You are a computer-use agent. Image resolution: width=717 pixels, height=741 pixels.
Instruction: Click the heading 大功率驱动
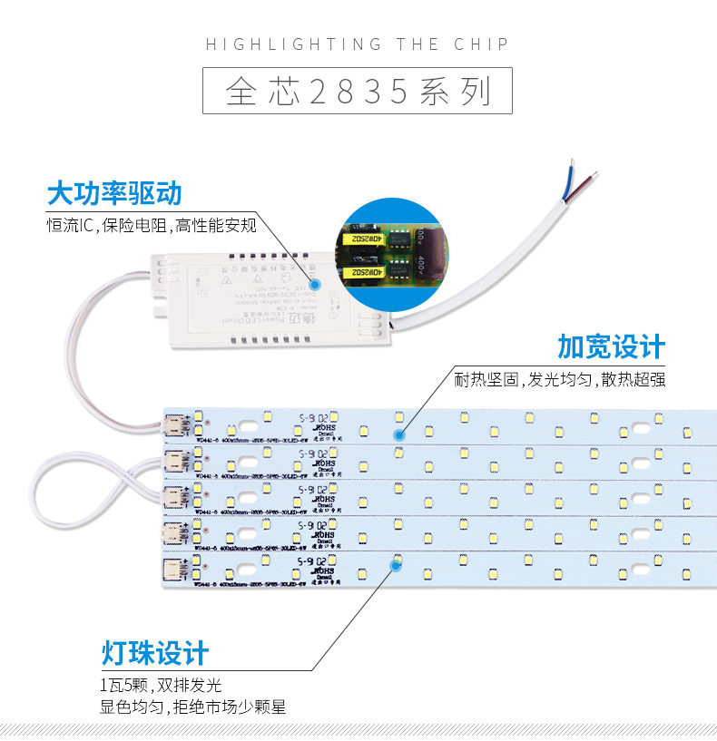coord(114,193)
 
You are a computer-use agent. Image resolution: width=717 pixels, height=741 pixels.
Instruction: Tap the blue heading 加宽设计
coord(612,346)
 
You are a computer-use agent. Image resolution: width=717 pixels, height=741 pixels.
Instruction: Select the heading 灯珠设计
coord(155,652)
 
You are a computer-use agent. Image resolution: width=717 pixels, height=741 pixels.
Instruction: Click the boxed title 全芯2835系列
coord(358,93)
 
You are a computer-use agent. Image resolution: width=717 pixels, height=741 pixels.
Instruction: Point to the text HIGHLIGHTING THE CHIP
coord(358,44)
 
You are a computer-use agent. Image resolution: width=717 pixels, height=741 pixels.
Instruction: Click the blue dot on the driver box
coord(316,283)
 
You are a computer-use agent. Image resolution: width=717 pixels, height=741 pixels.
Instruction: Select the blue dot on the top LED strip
coord(398,434)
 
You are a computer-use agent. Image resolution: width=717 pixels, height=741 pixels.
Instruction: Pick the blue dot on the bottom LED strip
coord(395,565)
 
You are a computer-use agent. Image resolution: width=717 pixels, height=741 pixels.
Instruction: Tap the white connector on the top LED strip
coord(174,426)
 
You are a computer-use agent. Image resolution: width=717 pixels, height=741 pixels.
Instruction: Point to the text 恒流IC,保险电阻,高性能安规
coord(152,224)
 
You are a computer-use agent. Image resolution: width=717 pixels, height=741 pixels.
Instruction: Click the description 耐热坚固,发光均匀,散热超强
coord(560,378)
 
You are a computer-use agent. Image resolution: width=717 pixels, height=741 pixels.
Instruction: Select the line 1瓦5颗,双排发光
coord(161,685)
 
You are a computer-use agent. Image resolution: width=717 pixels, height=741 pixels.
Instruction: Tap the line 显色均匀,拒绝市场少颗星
coord(193,707)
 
